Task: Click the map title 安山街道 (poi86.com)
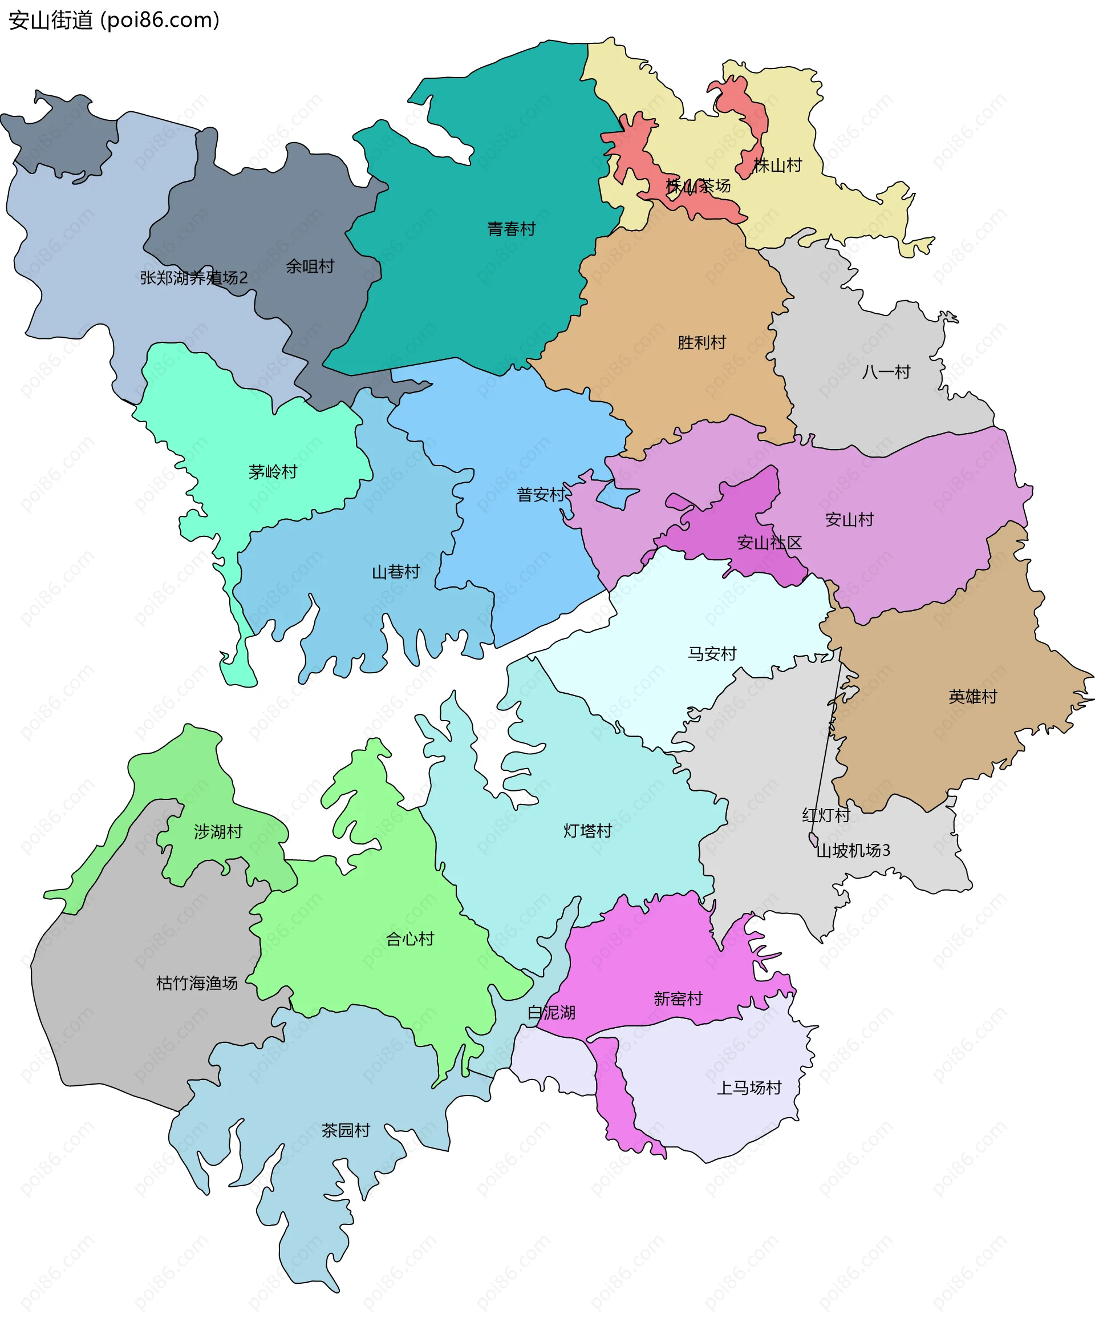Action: (114, 20)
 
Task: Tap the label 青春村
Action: (511, 229)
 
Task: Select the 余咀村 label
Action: (310, 266)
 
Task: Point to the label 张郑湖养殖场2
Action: (194, 278)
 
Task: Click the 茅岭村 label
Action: (273, 472)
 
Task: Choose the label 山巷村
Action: (395, 572)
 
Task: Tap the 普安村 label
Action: (541, 495)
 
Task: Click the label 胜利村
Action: (701, 342)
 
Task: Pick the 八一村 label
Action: (886, 372)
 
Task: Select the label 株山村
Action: (778, 165)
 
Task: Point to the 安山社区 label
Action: (769, 543)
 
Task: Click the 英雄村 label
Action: (972, 697)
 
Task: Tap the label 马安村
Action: (712, 654)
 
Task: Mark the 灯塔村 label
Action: (587, 831)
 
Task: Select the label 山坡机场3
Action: (853, 851)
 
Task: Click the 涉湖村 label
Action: (218, 831)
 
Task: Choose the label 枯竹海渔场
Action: (197, 983)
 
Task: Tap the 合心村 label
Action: (410, 939)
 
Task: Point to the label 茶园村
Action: (346, 1129)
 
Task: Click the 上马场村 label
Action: (749, 1088)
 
